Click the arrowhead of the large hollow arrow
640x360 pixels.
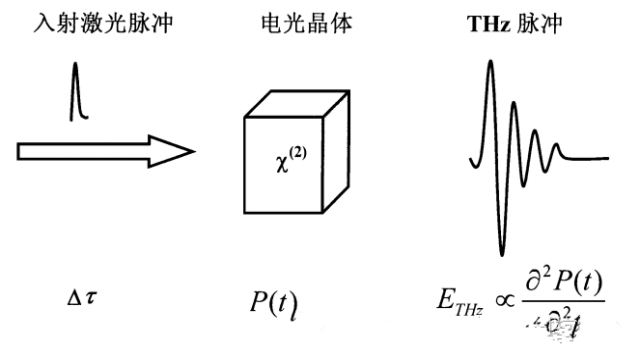pos(176,151)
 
